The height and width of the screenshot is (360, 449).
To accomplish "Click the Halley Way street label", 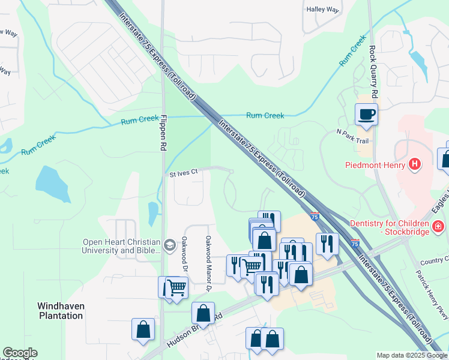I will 323,10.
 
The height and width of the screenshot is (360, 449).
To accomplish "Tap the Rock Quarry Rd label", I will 373,73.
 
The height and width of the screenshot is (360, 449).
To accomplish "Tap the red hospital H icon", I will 414,164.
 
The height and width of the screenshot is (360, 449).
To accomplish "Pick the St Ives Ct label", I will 184,173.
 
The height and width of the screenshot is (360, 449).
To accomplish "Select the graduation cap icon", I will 170,243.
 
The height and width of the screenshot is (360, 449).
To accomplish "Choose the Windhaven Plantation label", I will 61,310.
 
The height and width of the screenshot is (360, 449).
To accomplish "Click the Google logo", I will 20,353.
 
